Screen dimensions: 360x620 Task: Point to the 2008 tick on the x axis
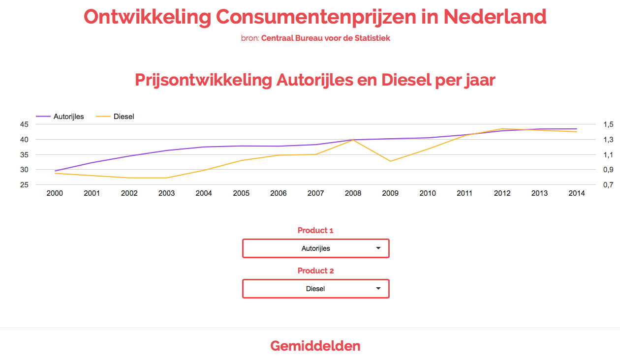[353, 193]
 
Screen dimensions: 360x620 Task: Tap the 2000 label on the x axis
[55, 193]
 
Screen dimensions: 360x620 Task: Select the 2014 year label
[577, 193]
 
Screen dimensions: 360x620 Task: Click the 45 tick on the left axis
[24, 124]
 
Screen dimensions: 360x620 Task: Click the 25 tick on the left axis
[24, 185]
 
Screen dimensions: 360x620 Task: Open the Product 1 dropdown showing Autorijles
[315, 248]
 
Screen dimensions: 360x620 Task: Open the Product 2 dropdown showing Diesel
[315, 289]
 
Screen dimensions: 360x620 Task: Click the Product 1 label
[315, 230]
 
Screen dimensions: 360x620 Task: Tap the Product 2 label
[315, 270]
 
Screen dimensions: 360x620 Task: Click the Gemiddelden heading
[315, 346]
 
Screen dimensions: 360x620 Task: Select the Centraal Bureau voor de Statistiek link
[325, 38]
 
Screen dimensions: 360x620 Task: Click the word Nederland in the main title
[495, 17]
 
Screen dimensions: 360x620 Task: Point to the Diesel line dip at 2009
[391, 161]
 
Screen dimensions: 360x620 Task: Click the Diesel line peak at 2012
[502, 129]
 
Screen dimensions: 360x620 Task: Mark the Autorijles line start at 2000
[55, 171]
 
